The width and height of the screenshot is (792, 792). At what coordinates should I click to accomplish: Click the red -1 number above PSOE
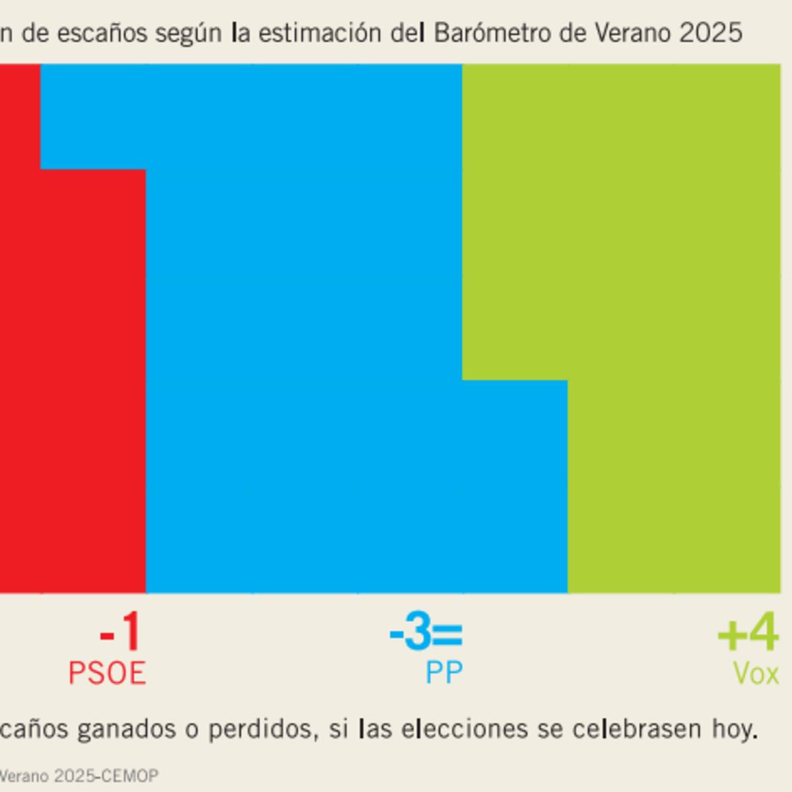coord(121,634)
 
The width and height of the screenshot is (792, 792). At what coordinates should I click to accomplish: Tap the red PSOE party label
coord(107,673)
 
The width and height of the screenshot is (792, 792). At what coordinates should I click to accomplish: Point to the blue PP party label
coord(444,673)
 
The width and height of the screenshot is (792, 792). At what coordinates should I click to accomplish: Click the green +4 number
coord(748,634)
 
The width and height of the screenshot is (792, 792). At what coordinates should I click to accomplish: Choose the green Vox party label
coord(756,674)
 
